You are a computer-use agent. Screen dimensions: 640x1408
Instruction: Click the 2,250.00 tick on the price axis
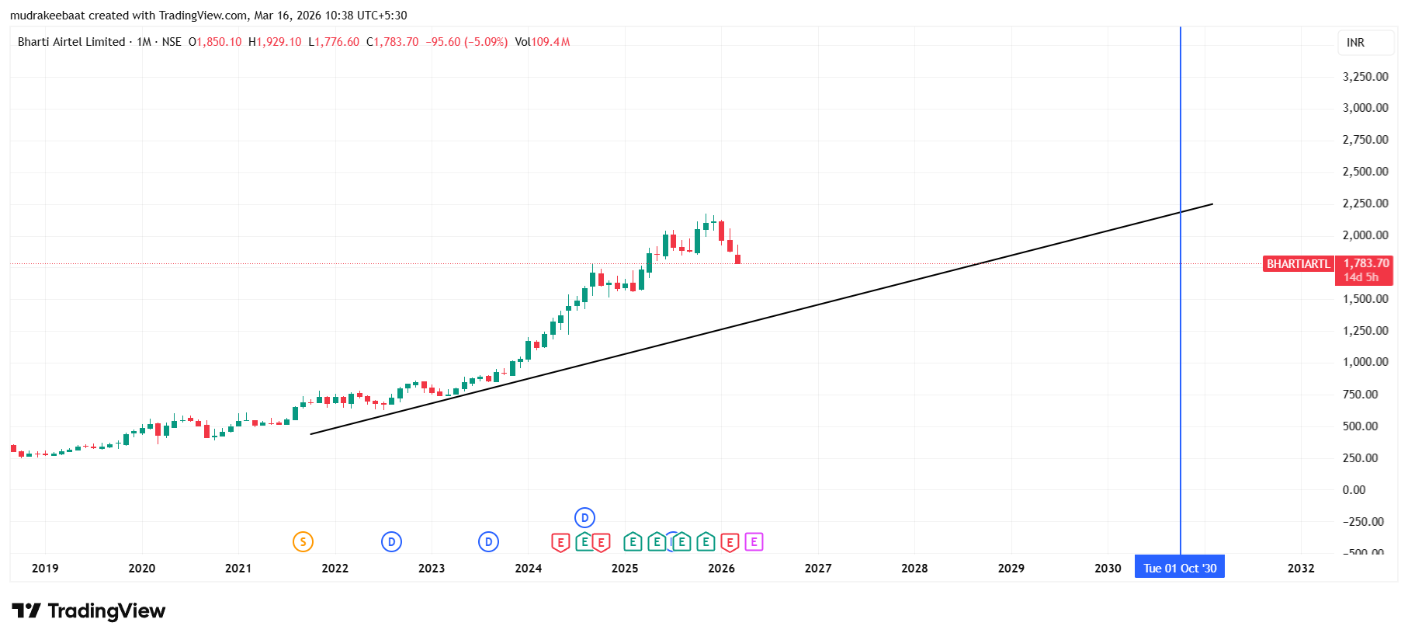[1365, 203]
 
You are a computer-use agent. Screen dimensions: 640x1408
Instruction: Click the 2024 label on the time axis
[528, 569]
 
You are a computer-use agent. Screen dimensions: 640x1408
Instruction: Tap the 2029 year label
[1011, 569]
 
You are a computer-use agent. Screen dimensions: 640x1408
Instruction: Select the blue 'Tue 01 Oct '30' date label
[1179, 569]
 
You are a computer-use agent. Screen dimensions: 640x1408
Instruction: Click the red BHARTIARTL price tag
[1298, 264]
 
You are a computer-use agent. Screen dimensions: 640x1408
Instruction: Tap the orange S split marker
[303, 542]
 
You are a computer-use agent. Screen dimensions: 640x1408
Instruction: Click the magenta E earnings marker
[754, 542]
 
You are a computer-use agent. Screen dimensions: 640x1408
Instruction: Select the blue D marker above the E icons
[584, 517]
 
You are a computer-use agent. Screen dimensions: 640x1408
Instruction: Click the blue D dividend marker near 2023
[488, 542]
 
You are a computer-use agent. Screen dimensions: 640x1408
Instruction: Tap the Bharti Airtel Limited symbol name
[71, 42]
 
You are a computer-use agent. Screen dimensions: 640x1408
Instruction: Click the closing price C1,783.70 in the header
[393, 42]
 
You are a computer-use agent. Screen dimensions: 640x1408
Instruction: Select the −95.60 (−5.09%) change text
[466, 42]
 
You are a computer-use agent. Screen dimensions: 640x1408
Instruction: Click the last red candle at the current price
[737, 259]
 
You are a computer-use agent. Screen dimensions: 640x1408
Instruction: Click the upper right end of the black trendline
[1212, 204]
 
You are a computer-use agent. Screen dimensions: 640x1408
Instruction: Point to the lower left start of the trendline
[311, 433]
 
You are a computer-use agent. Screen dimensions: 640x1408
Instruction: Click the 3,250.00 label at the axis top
[1365, 77]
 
